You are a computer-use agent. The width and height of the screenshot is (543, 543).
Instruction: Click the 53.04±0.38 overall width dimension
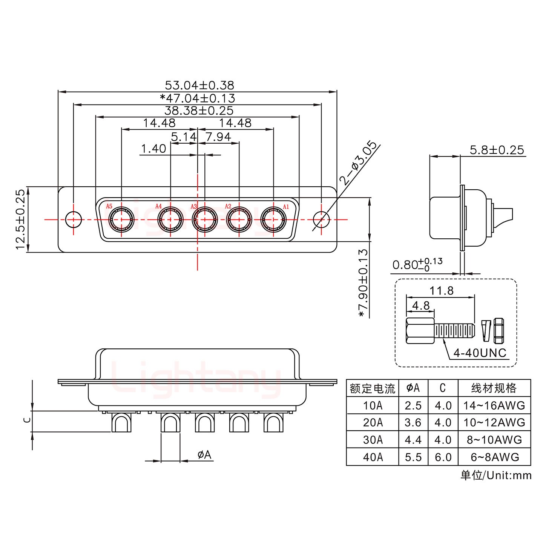[199, 85]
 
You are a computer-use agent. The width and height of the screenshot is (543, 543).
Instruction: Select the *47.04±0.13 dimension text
[197, 98]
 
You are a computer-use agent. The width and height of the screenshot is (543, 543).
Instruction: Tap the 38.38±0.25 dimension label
[199, 110]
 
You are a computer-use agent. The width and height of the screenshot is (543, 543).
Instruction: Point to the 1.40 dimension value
[153, 149]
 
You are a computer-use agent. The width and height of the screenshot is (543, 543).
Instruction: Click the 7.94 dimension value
[218, 137]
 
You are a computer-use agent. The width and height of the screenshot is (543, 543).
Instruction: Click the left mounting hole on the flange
[73, 219]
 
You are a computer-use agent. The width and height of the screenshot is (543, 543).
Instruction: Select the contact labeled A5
[121, 219]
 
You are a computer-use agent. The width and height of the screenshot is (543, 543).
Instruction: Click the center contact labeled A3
[205, 219]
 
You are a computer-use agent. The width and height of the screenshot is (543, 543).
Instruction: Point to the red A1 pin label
[285, 207]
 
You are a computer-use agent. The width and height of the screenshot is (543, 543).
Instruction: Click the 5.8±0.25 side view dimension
[497, 150]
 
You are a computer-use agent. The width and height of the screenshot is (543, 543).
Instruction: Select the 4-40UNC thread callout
[480, 353]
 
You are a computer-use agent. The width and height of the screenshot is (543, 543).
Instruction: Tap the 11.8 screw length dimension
[441, 291]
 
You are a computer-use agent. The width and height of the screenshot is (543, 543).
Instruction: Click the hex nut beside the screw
[499, 331]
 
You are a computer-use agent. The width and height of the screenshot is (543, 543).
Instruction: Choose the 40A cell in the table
[373, 457]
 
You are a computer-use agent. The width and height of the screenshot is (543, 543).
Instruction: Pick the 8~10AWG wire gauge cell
[494, 440]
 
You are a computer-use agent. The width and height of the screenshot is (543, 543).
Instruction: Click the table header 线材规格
[494, 388]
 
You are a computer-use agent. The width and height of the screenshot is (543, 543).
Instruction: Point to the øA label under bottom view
[204, 455]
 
